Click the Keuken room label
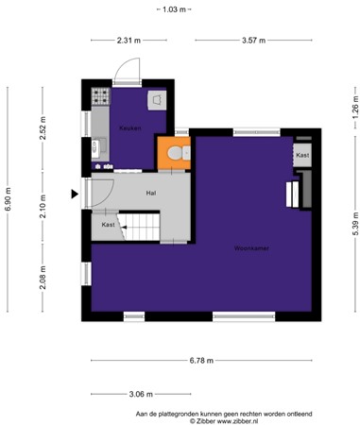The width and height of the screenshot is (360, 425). [129, 127]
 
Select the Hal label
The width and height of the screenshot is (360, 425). [150, 192]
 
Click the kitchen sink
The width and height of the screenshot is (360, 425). [100, 146]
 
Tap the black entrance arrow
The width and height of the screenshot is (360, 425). [75, 195]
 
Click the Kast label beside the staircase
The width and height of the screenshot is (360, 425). [108, 225]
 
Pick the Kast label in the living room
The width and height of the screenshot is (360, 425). [301, 155]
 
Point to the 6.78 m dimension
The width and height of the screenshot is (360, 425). [200, 361]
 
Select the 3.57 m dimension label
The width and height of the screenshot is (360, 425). [253, 41]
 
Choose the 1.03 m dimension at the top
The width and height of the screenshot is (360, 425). [174, 8]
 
